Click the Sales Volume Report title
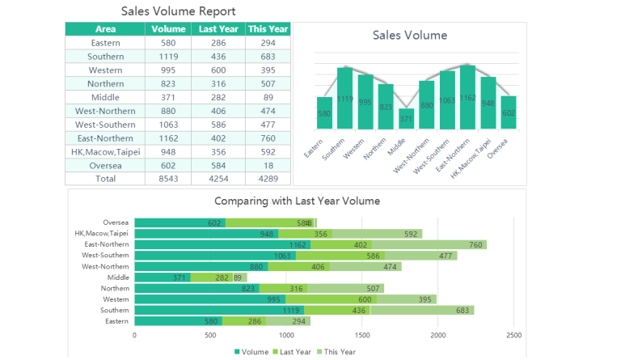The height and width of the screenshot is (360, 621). (x=179, y=11)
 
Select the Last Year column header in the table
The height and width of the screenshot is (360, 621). (x=218, y=29)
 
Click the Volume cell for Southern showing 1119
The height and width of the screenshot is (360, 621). (x=168, y=57)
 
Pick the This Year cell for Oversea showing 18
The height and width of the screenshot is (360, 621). (x=268, y=165)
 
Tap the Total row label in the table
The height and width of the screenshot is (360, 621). (x=106, y=179)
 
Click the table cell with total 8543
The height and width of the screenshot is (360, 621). (x=168, y=179)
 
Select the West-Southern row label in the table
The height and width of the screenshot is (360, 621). (x=106, y=125)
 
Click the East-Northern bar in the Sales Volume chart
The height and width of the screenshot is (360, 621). (x=467, y=98)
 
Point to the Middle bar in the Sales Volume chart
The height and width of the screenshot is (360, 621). (x=406, y=119)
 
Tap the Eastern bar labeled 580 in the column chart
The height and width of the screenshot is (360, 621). (x=324, y=113)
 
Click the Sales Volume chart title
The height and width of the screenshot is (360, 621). (x=409, y=36)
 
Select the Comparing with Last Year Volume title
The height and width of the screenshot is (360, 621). (x=297, y=201)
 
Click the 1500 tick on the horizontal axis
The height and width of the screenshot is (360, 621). (x=361, y=334)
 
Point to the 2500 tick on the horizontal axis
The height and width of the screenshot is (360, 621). (x=513, y=334)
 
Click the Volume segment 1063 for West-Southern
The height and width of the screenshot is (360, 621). (x=215, y=256)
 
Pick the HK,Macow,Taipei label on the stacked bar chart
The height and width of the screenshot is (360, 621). (x=101, y=234)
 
